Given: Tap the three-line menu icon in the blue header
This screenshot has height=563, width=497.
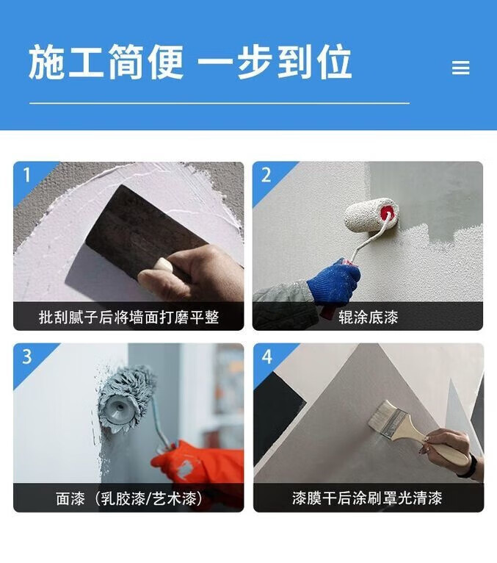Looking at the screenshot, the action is (460, 68).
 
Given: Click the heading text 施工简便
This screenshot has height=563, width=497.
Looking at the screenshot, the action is (106, 62).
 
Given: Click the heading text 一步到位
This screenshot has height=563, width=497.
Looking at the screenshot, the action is (275, 62).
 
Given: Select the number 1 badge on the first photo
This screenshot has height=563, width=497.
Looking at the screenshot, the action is (26, 175).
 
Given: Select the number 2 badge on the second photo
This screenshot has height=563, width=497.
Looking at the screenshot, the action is (266, 175).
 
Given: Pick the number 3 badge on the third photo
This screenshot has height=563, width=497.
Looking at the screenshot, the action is (27, 356).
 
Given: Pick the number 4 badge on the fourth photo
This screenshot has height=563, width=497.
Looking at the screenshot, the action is (267, 356).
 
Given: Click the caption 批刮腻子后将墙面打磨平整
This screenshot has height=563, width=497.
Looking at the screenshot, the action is (128, 317).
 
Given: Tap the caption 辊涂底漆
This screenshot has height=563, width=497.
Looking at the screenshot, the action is (369, 317).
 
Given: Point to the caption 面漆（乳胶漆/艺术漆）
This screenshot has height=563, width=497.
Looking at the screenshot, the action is (128, 498).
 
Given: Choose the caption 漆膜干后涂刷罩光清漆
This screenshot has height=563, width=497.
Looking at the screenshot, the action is (368, 498).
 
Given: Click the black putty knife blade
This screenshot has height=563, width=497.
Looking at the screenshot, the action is (143, 230).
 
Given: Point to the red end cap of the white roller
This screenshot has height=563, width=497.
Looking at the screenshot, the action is (388, 215).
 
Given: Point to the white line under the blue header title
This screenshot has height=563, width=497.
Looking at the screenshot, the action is (220, 103).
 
